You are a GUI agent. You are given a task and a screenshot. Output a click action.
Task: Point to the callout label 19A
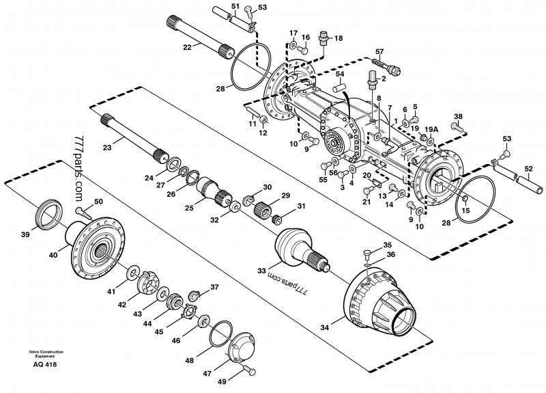[x=430, y=128]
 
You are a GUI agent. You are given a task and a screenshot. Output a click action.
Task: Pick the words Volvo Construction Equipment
[x=46, y=353]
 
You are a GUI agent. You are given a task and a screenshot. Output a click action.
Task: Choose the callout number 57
[x=379, y=51]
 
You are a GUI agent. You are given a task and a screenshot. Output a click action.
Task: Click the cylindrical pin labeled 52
[x=528, y=182]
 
